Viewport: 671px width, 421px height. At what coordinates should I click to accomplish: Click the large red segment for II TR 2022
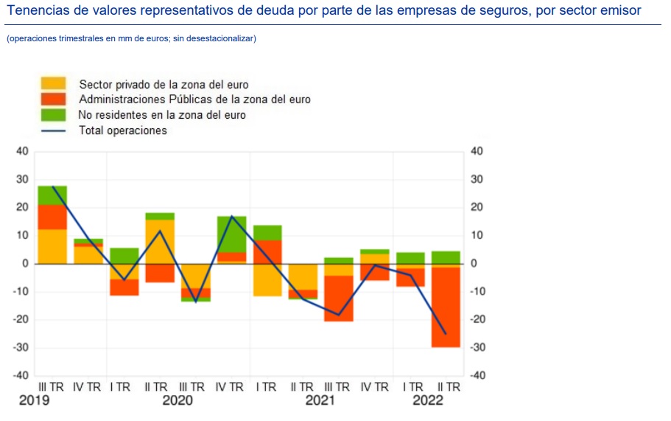click(x=446, y=307)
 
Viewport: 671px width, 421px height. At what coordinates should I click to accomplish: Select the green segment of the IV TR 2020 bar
click(x=231, y=234)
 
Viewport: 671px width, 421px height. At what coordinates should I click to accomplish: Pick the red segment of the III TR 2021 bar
click(x=339, y=298)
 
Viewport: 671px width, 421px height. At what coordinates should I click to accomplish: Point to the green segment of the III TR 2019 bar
click(x=52, y=195)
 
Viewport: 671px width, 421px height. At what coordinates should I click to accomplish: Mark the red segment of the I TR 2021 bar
click(x=267, y=251)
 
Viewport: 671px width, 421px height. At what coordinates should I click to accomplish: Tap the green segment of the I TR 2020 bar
click(x=124, y=255)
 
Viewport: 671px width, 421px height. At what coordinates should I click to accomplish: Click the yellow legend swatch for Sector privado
click(x=53, y=84)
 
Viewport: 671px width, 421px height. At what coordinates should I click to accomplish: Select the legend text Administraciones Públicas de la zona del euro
click(x=194, y=100)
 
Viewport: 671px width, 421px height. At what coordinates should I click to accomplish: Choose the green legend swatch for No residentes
click(x=53, y=115)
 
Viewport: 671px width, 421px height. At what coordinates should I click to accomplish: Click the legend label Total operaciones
click(x=123, y=131)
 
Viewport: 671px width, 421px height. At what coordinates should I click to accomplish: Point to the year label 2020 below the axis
click(x=177, y=400)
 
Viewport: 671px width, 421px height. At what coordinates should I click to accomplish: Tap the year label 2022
click(x=428, y=400)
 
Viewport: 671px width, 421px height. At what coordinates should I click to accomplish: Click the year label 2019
click(x=35, y=400)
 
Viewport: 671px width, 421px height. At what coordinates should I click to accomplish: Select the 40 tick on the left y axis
click(x=21, y=151)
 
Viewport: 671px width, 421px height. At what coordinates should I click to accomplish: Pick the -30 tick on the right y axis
click(x=477, y=347)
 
